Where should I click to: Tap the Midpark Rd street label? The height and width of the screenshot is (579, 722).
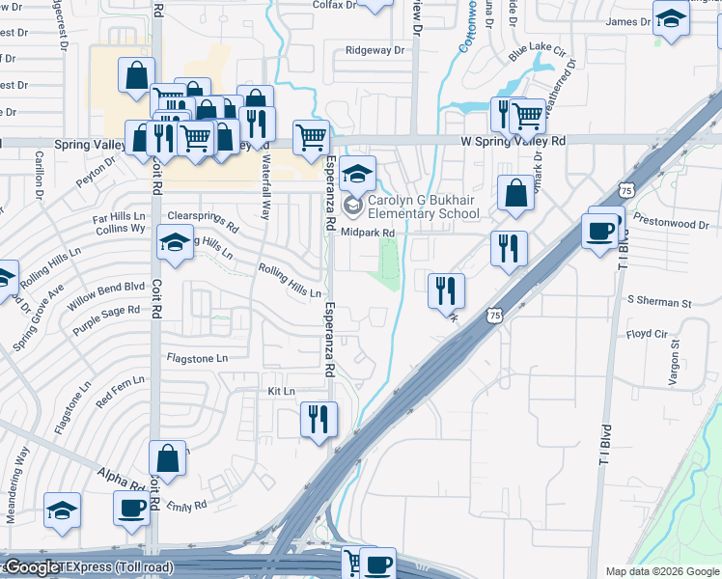click(x=368, y=234)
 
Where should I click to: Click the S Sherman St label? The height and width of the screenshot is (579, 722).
click(x=659, y=303)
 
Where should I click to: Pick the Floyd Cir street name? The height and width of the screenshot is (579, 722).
click(x=647, y=334)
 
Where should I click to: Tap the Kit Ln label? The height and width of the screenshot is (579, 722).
click(x=281, y=391)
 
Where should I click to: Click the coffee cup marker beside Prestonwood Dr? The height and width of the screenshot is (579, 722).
click(x=600, y=230)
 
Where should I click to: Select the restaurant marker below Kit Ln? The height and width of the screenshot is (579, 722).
click(x=316, y=419)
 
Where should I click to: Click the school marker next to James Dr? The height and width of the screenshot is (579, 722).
click(x=670, y=17)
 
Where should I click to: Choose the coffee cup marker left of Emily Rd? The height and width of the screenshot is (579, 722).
click(x=131, y=507)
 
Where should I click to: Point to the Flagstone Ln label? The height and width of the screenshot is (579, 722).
click(x=197, y=358)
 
